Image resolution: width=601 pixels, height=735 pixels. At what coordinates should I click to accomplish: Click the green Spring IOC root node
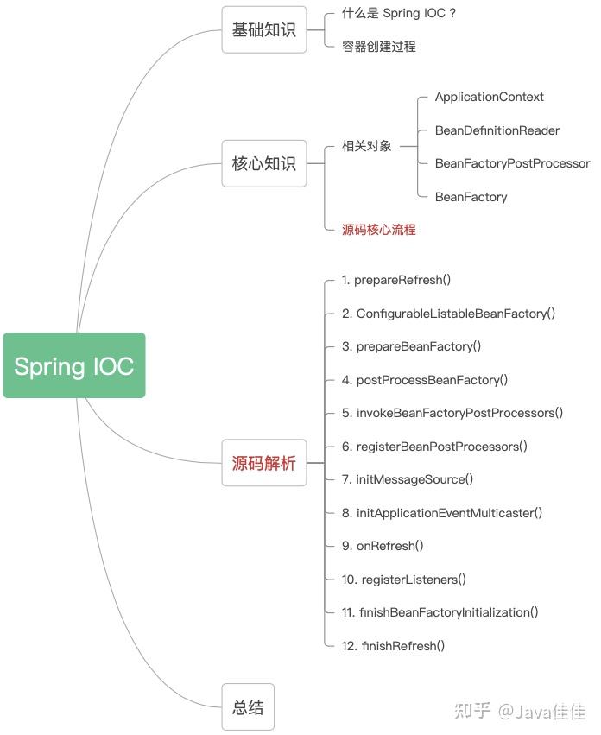(x=74, y=365)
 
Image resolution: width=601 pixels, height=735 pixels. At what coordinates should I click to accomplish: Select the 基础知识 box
(x=264, y=29)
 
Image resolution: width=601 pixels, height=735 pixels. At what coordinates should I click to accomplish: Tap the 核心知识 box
(x=264, y=163)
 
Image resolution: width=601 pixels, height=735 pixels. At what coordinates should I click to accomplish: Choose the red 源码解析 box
(x=264, y=463)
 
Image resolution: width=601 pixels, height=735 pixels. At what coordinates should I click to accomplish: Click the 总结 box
(x=248, y=707)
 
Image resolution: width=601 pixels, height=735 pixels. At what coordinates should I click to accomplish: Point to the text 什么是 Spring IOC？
(x=399, y=14)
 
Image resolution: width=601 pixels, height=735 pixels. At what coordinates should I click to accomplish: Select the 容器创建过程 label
(x=379, y=47)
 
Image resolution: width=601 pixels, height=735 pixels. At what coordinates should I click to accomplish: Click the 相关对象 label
(x=367, y=146)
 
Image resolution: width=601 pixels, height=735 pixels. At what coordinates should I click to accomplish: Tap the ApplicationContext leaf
(x=489, y=97)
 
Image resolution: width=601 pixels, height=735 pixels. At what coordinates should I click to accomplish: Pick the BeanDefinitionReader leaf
(x=497, y=130)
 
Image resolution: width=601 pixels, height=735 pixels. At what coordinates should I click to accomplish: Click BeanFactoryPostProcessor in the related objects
(x=512, y=163)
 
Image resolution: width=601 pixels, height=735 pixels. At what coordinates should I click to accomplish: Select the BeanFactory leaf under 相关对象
(x=471, y=197)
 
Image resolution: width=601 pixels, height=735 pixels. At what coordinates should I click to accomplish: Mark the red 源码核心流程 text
(x=379, y=230)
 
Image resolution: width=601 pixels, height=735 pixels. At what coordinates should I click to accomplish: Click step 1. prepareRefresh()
(x=396, y=280)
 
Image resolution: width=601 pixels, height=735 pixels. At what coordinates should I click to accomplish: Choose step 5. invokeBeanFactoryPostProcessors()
(x=452, y=413)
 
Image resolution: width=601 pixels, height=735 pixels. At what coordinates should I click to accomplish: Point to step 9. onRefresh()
(x=383, y=546)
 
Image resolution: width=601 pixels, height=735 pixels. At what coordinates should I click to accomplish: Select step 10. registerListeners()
(x=403, y=580)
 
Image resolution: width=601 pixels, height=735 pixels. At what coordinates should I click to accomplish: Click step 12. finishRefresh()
(x=393, y=646)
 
